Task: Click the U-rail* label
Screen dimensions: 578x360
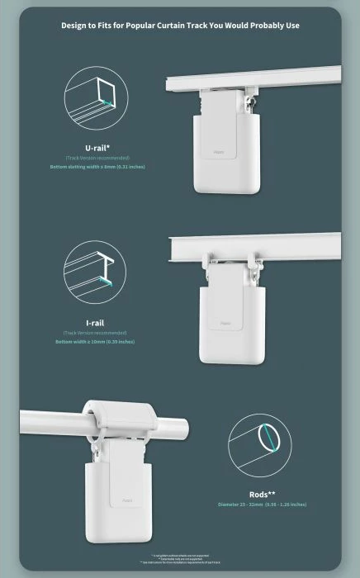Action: (x=97, y=148)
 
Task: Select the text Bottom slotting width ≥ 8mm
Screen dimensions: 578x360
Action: (x=97, y=166)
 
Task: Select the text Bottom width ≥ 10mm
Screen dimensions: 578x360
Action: (x=96, y=341)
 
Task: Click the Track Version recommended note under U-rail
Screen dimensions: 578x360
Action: (x=97, y=158)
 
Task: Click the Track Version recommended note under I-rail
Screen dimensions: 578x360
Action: (x=97, y=333)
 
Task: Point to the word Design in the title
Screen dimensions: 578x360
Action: (x=74, y=26)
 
